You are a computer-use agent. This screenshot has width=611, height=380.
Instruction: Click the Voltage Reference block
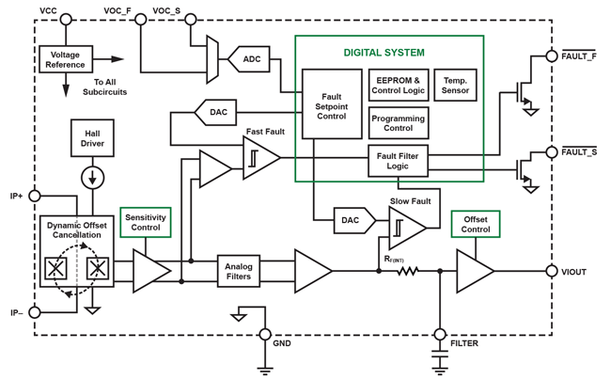[66, 59]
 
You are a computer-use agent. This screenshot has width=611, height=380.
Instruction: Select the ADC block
[250, 59]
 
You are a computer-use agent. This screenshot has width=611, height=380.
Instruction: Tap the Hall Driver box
[92, 138]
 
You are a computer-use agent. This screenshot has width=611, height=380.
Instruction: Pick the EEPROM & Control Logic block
[399, 86]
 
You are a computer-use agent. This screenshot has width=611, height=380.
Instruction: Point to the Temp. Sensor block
[456, 86]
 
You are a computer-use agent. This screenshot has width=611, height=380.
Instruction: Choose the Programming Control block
[399, 123]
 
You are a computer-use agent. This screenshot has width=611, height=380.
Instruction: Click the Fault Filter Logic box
[399, 161]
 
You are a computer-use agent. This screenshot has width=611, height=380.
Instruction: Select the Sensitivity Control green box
[146, 222]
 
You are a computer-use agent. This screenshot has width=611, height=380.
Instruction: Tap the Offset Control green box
[476, 224]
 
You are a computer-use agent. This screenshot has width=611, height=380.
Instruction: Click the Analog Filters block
[239, 272]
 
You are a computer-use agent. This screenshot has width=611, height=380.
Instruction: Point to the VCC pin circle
[66, 19]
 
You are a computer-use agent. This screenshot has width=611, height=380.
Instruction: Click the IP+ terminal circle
[35, 196]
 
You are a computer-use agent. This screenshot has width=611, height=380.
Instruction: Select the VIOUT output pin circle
[552, 272]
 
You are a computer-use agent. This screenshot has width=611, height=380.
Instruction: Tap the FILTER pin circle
[440, 334]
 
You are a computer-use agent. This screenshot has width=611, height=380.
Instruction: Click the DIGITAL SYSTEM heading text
[384, 53]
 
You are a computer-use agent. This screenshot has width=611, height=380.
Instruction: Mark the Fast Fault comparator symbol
[259, 159]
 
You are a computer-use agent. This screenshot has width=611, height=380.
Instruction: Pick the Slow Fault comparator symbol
[406, 227]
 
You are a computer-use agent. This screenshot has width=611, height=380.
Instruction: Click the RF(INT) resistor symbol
[407, 272]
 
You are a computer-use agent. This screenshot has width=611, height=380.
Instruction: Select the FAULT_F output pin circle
[552, 56]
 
